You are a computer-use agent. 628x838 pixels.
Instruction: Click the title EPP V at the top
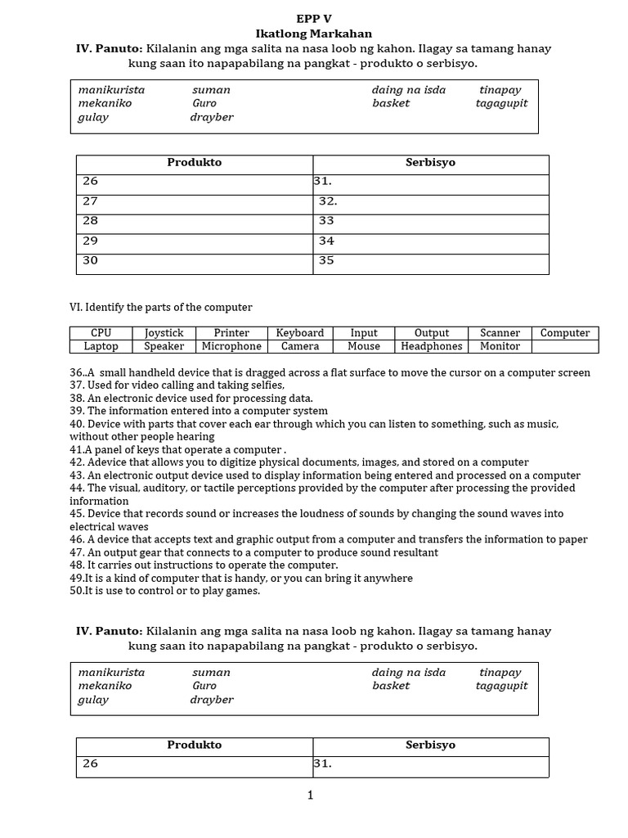[x=313, y=19]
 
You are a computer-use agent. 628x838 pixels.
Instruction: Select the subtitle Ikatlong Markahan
[x=313, y=34]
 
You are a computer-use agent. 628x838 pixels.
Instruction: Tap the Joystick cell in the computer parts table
[x=164, y=333]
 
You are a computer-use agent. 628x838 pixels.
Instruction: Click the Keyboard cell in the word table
[x=300, y=333]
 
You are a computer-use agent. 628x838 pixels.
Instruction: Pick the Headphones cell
[x=431, y=346]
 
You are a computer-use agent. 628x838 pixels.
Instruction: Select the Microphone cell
[x=231, y=346]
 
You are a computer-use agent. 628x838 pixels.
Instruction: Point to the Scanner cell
[x=500, y=333]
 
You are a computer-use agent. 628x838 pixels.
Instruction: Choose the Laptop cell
[x=101, y=346]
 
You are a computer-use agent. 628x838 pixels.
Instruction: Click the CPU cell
[x=101, y=333]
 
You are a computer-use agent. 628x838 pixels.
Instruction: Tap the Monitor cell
[x=500, y=346]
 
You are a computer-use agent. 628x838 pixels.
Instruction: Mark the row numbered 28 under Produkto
[x=195, y=222]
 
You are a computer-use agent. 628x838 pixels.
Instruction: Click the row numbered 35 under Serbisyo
[x=430, y=262]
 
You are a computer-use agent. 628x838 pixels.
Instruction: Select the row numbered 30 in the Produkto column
[x=195, y=262]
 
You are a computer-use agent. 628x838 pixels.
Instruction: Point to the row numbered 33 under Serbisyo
[x=430, y=222]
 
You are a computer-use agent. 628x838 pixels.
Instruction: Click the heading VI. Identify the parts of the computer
[x=161, y=307]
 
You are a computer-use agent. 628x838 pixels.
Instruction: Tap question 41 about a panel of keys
[x=177, y=449]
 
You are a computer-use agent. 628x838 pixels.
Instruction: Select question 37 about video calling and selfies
[x=177, y=385]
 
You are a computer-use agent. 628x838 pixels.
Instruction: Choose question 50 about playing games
[x=164, y=591]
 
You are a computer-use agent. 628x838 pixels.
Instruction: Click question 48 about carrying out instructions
[x=204, y=565]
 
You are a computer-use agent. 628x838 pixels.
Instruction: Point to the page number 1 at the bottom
[x=311, y=795]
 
